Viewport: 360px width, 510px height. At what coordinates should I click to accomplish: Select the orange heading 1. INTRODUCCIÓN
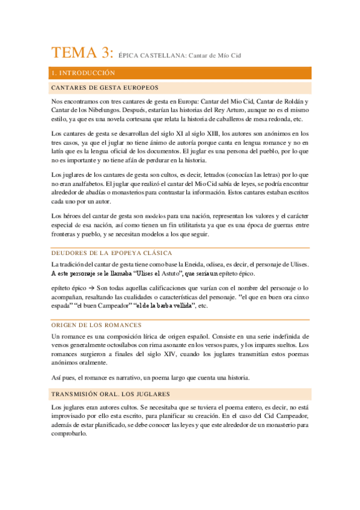click(83, 73)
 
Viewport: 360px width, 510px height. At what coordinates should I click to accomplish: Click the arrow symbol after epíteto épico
click(89, 287)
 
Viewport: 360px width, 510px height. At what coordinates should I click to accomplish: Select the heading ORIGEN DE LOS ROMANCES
click(97, 325)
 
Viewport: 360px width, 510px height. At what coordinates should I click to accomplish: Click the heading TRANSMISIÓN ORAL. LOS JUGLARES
click(111, 395)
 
